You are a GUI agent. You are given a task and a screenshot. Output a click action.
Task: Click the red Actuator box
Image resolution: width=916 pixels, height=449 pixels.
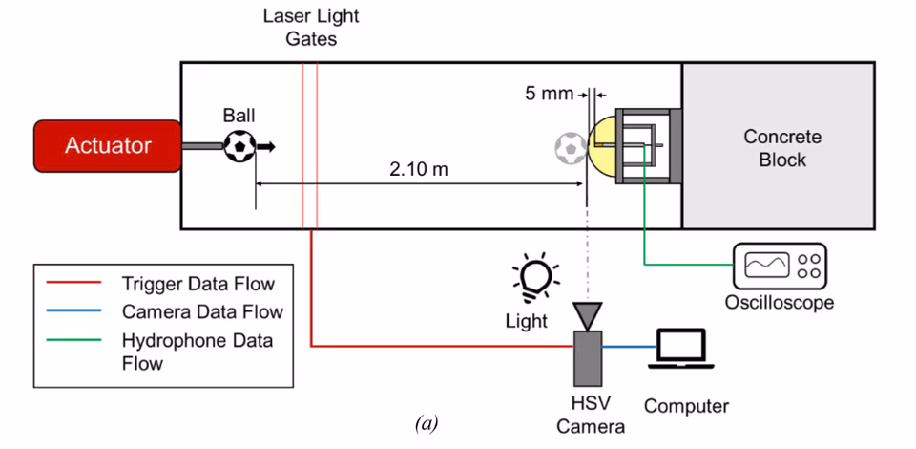108,146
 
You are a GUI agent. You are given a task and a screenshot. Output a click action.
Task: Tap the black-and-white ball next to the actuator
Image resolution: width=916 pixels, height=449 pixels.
240,146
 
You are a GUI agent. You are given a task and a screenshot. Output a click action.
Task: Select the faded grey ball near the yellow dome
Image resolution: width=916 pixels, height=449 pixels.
571,148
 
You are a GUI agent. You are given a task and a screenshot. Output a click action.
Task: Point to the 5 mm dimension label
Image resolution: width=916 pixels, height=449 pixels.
549,94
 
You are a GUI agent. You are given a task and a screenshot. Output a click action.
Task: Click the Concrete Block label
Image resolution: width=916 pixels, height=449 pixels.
782,148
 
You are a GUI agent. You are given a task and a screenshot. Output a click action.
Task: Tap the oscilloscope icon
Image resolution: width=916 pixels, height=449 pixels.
780,266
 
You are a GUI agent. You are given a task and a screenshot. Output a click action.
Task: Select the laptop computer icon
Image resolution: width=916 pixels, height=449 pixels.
681,349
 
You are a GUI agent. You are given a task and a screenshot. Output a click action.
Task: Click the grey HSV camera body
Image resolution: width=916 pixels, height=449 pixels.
588,358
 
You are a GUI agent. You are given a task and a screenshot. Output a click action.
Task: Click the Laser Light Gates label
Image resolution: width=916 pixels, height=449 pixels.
311,28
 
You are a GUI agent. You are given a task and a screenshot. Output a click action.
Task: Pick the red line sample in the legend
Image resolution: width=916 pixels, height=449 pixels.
73,284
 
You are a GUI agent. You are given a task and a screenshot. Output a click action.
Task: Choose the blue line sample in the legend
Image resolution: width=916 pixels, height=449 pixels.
73,311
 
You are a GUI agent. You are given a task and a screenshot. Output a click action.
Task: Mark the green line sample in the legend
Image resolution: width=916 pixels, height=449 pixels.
73,339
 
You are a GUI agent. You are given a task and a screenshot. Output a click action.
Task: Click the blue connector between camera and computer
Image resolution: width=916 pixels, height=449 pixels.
629,347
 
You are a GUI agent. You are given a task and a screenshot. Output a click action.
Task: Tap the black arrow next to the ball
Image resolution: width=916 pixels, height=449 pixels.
266,146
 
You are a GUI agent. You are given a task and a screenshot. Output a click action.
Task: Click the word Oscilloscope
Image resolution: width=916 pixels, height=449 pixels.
780,303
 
